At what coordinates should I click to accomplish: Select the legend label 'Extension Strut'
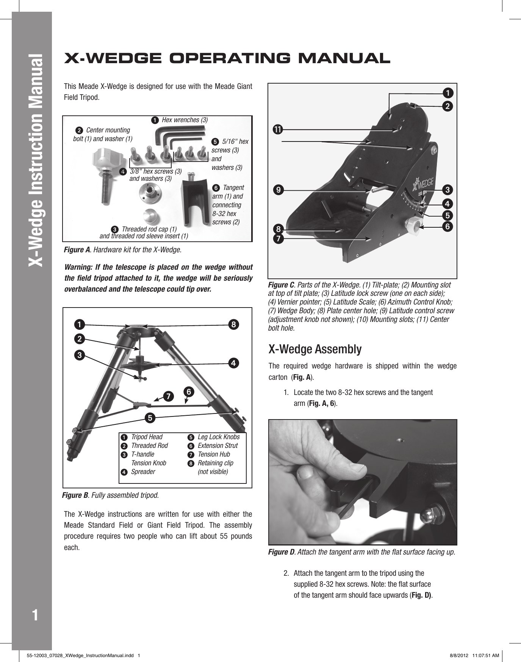(217, 446)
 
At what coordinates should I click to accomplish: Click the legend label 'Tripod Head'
(147, 437)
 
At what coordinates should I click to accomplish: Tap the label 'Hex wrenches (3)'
(185, 120)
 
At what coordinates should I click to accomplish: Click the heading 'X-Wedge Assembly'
(314, 349)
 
